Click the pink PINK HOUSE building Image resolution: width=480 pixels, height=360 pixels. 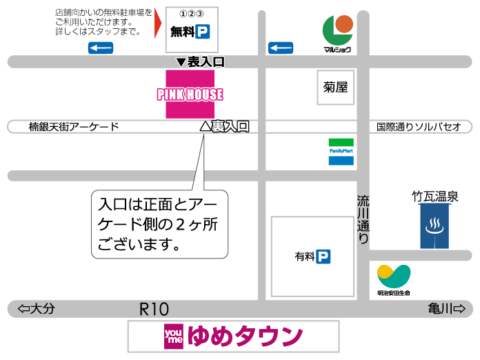tap(190, 94)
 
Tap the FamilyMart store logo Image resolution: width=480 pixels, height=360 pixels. tap(341, 151)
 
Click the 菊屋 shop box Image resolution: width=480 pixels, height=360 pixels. tap(335, 88)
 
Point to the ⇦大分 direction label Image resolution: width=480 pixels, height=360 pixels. tap(37, 309)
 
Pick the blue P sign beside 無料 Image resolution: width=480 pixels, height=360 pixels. tap(202, 31)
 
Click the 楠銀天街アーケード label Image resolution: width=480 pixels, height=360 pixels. tap(74, 127)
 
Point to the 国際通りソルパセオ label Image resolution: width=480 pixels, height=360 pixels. tap(419, 127)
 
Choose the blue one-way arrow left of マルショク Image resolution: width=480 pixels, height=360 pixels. tap(281, 48)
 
